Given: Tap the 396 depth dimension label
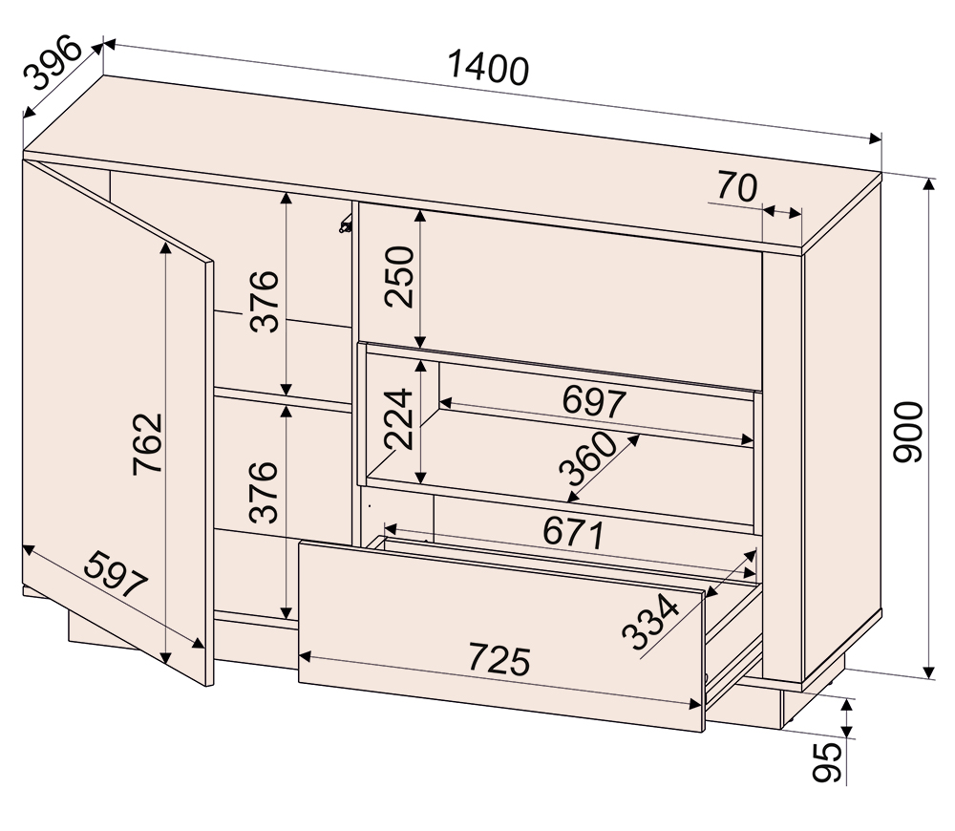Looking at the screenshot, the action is (53, 63).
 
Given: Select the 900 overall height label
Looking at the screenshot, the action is (908, 432).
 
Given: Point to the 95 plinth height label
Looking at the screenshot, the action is (828, 761).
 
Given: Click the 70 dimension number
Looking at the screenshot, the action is (737, 186).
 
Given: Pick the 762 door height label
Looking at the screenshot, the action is (148, 443).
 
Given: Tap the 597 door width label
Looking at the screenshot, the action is (116, 574).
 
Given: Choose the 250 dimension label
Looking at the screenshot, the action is (399, 276).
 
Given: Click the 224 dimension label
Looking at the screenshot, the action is (399, 418).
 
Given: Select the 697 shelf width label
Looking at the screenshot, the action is (594, 401).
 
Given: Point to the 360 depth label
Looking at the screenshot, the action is (588, 458).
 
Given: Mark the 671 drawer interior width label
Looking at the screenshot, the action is (573, 532).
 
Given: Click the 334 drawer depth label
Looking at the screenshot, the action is (649, 623).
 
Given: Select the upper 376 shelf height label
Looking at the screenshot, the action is (265, 301).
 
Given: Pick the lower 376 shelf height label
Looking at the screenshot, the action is (265, 492).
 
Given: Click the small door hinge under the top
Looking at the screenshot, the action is (346, 224).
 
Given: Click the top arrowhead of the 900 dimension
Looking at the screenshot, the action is (928, 183).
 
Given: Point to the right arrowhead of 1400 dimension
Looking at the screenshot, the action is (876, 138).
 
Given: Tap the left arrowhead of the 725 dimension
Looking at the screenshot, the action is (306, 656).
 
